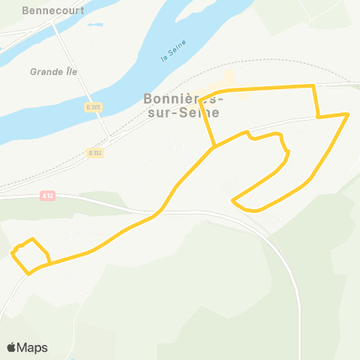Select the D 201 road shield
tap(92, 107)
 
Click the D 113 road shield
tap(94, 152)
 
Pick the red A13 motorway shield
tap(47, 196)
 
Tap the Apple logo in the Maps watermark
tap(12, 347)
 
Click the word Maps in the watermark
tap(32, 347)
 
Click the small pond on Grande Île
tap(94, 25)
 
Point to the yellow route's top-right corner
tap(313, 86)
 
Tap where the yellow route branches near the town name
tap(214, 147)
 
